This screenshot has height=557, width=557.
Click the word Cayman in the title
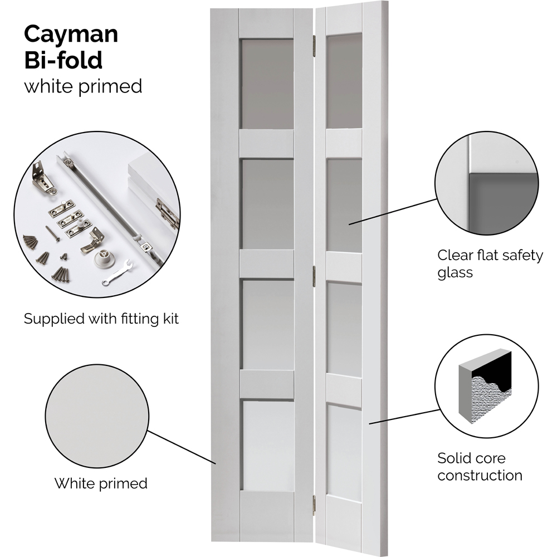click(x=71, y=35)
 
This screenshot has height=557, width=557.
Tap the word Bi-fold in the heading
click(x=63, y=60)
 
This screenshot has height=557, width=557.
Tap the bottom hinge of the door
click(x=314, y=504)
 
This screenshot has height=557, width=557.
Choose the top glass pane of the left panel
click(x=267, y=84)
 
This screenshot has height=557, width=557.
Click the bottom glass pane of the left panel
click(x=267, y=446)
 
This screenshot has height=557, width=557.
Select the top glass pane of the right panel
click(x=344, y=81)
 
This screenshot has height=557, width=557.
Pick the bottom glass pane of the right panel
click(x=344, y=451)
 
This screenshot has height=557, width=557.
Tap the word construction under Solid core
click(x=480, y=475)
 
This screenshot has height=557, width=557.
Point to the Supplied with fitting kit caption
click(x=101, y=319)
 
